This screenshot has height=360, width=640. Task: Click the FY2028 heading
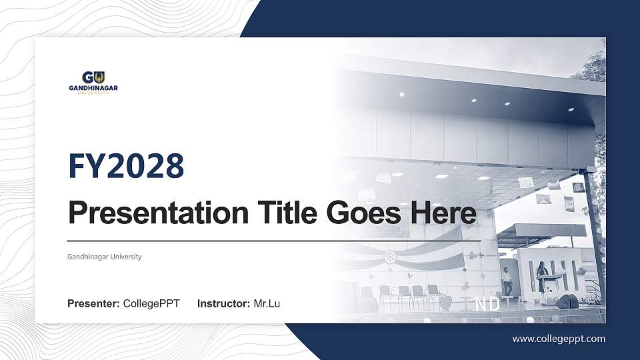click(x=126, y=166)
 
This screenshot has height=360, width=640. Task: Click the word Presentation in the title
click(x=157, y=214)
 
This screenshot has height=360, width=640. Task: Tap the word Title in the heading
click(x=285, y=213)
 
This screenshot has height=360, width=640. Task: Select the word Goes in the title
click(x=358, y=214)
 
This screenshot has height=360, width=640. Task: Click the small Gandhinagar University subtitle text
click(x=104, y=257)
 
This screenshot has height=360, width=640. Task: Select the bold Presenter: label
click(x=93, y=304)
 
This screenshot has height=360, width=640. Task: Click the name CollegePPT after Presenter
click(x=151, y=304)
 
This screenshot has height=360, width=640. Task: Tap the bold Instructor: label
click(x=224, y=304)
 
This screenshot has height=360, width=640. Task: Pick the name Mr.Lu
click(x=267, y=304)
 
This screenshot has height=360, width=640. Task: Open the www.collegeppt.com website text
click(x=559, y=339)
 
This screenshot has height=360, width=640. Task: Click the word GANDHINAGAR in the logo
click(x=93, y=88)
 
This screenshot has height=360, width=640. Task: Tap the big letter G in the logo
click(x=87, y=77)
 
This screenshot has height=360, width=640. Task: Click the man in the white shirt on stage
click(x=507, y=281)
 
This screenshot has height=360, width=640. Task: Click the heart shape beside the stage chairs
click(x=445, y=303)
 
